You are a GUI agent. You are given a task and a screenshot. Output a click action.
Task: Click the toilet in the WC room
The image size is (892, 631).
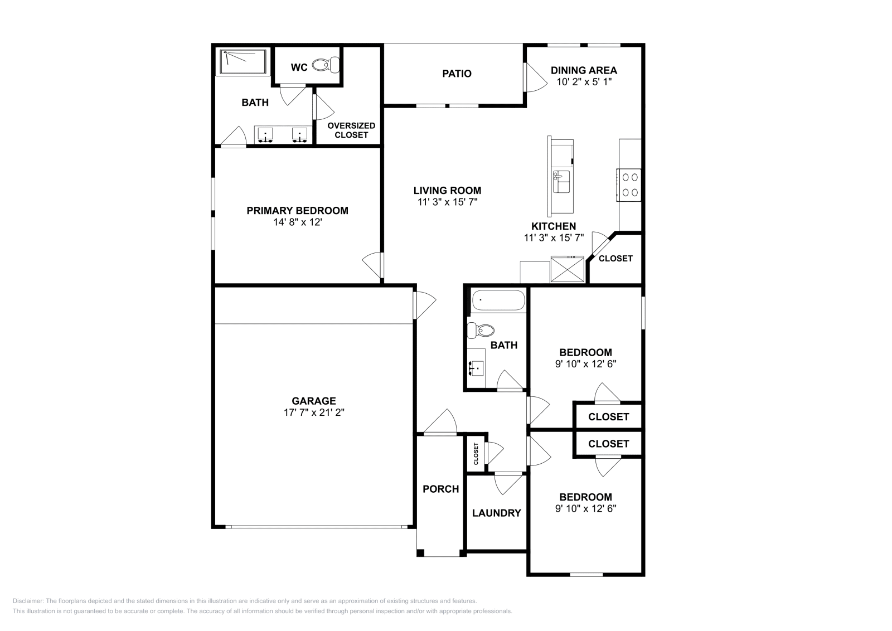click(326, 66)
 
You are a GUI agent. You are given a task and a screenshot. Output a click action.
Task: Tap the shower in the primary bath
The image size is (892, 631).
click(244, 62)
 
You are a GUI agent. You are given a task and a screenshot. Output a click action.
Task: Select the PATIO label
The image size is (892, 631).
click(457, 74)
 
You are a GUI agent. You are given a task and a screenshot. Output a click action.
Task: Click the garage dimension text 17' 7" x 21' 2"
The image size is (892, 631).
click(314, 412)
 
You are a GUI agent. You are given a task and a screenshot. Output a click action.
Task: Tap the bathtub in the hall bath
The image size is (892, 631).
click(498, 302)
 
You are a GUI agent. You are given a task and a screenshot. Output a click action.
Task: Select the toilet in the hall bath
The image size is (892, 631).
click(480, 330)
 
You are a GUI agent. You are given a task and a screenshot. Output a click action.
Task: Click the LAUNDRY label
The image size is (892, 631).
click(496, 513)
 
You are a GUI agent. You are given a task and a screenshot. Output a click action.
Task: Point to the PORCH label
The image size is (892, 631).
click(440, 489)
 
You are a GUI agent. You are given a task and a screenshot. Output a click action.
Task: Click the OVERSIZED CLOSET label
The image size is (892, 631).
click(351, 130)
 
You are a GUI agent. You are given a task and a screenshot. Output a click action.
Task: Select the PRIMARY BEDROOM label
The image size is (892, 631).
click(297, 211)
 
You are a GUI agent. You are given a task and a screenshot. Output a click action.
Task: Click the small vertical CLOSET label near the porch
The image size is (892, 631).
click(476, 454)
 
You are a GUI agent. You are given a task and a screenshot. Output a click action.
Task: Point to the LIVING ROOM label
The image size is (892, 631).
click(447, 190)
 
